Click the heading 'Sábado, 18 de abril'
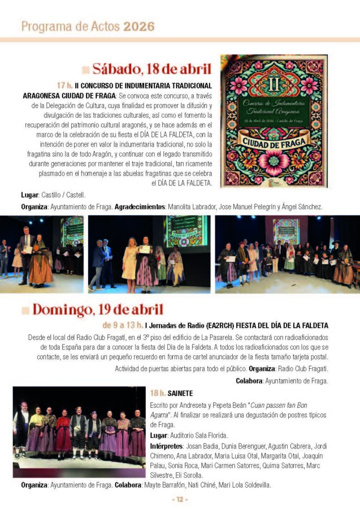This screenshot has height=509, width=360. (x=152, y=70)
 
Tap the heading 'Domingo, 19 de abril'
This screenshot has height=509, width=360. (x=97, y=309)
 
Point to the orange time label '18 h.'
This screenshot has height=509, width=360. (x=158, y=392)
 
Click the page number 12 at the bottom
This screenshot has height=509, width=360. (x=179, y=499)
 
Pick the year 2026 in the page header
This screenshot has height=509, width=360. (x=139, y=26)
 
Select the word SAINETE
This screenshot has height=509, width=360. (x=180, y=392)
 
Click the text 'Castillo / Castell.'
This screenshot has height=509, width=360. (x=64, y=195)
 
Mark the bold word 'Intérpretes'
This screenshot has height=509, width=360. (x=166, y=446)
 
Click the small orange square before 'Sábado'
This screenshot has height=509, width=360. (x=85, y=70)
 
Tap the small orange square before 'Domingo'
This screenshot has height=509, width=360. (x=25, y=310)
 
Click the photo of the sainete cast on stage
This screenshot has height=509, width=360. (x=79, y=432)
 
